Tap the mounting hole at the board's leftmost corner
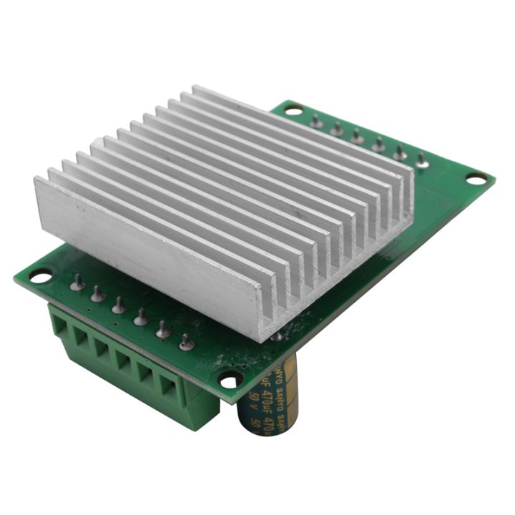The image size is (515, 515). coord(41,275)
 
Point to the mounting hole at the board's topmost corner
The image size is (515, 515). coord(293,110)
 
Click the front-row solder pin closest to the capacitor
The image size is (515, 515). coord(186,343)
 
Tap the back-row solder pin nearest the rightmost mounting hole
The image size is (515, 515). coord(423,162)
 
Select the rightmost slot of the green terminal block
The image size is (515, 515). coord(170,388)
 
